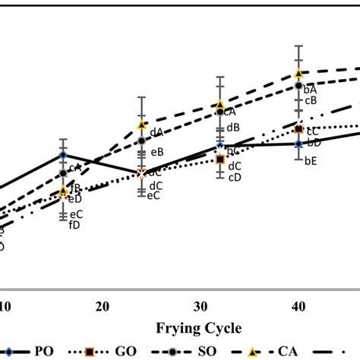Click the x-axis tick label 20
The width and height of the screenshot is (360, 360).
click(x=102, y=305)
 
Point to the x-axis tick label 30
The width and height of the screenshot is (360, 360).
click(x=201, y=305)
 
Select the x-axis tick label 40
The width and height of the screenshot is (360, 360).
click(x=299, y=305)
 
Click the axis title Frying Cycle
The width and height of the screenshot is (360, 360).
click(x=199, y=328)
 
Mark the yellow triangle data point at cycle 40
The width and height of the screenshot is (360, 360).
click(x=298, y=73)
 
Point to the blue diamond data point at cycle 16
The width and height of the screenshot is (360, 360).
click(x=62, y=155)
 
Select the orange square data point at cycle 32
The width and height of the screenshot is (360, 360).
click(x=220, y=159)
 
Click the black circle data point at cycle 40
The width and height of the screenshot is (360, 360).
click(x=298, y=87)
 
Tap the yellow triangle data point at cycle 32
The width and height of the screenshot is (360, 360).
click(x=220, y=104)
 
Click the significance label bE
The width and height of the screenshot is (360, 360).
click(x=311, y=160)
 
